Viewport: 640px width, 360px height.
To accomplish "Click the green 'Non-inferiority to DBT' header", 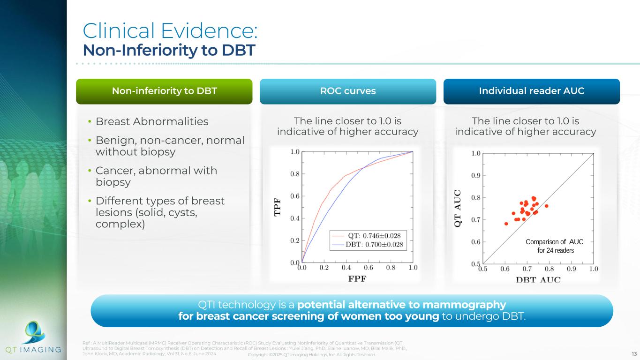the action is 164,91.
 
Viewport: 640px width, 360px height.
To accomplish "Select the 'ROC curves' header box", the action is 348,91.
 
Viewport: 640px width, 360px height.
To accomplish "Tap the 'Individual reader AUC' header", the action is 531,91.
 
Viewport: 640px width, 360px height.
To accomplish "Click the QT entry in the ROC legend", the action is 368,236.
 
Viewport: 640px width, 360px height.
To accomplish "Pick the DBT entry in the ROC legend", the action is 368,245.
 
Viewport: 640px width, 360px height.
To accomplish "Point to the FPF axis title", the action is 357,278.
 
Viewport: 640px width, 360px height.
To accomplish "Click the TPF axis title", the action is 278,207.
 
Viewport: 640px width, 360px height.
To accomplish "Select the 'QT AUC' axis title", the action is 458,208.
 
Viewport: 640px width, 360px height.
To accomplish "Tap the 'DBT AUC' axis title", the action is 538,280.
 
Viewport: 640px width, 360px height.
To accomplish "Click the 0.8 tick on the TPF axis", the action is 295,174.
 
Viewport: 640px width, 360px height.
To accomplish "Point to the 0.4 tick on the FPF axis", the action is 346,268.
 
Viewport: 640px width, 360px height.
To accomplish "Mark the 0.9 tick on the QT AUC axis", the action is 476,175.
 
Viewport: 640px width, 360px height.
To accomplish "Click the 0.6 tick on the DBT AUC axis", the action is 505,269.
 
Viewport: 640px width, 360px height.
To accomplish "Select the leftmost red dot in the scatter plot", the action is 506,224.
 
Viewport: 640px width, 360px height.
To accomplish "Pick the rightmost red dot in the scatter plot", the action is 547,206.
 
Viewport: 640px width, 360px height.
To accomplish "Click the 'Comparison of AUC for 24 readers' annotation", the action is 555,246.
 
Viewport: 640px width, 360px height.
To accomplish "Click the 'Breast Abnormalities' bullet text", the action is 152,121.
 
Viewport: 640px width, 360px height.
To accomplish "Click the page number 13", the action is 634,354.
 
